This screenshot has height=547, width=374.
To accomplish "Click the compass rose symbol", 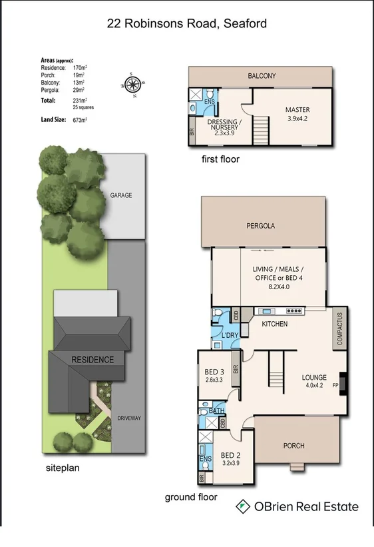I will coord(132,84).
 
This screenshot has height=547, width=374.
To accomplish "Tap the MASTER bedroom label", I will coord(297,110).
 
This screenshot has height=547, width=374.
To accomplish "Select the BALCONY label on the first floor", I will coord(262,76).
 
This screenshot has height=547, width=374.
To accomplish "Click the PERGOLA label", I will coord(260,226).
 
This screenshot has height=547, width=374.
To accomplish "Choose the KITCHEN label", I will coord(274,324).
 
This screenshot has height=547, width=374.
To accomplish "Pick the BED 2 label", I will coord(231,456).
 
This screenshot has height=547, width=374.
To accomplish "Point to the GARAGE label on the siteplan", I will coord(120,195).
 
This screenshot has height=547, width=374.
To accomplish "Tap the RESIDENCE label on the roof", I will coord(93,360).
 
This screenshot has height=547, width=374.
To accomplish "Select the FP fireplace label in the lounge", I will coord(335,385).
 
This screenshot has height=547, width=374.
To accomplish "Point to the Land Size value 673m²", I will coord(80,120).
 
